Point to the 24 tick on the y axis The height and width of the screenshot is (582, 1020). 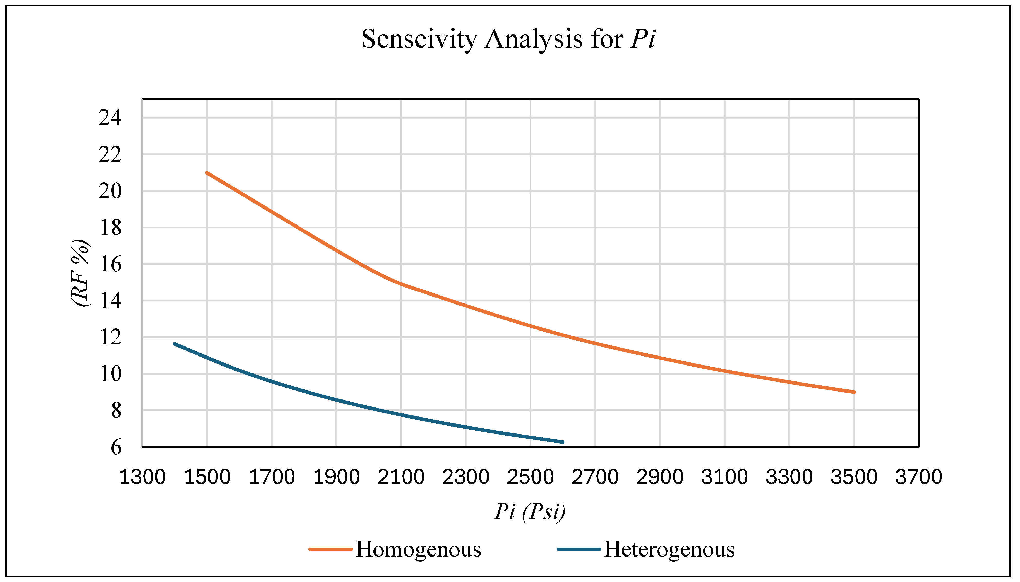pos(110,118)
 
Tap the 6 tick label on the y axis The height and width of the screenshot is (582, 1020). pos(116,447)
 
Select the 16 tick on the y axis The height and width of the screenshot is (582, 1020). pos(110,264)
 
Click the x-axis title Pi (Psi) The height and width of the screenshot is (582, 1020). pos(530,511)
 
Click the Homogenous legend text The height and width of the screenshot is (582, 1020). pos(419,549)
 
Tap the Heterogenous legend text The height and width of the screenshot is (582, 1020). pos(669,549)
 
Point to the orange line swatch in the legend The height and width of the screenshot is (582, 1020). pos(330,549)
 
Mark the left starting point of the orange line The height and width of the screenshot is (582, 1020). pos(207,173)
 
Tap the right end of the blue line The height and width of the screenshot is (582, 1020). pos(563,442)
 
